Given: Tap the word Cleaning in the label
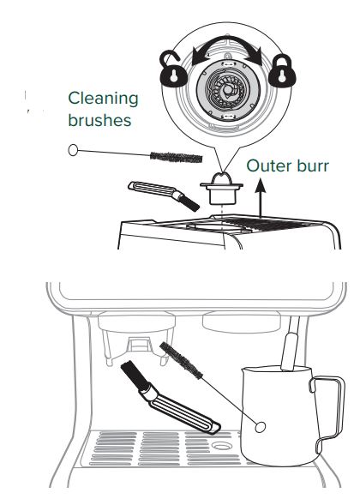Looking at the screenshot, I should point(103,99).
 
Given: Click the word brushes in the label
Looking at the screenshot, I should point(99,120).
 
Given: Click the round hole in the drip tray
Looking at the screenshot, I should point(222,448).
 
